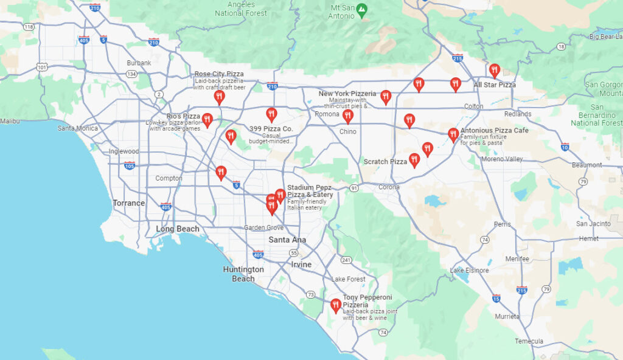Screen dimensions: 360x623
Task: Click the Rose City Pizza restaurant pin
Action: coord(219,96)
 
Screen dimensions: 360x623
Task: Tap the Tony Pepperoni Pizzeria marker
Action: coord(335,305)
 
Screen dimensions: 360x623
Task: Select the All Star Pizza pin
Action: coord(495,71)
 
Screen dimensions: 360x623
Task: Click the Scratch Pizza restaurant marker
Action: coord(414,160)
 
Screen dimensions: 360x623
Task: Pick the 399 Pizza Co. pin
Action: coord(271,114)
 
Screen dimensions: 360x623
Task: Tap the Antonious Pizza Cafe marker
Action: coord(453,134)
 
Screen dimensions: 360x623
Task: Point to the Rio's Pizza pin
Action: coord(207,119)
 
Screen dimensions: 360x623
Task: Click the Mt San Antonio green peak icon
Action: coord(362,9)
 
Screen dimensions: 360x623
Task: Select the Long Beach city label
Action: coord(177,229)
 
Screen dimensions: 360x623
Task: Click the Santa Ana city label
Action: coord(287,240)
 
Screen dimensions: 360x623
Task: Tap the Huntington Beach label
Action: coord(243,274)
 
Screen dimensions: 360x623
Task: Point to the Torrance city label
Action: coord(128,203)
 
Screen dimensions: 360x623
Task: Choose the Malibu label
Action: coord(10,121)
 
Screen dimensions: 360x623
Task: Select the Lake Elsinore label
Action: coord(469,270)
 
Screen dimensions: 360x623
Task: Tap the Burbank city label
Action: coord(139,63)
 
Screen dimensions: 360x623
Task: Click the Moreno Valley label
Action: coord(502,159)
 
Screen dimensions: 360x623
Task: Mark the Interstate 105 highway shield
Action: coord(129,165)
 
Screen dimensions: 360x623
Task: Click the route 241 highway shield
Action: coord(346,260)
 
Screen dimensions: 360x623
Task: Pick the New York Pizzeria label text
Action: coord(347,94)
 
